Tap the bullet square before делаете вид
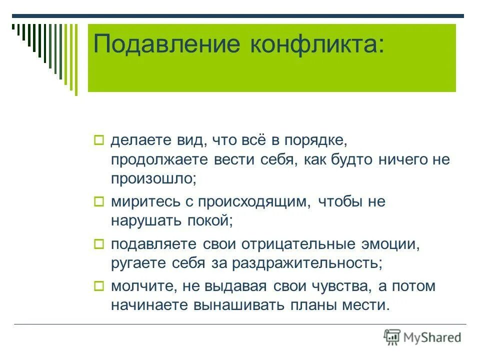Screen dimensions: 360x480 pos(98,139)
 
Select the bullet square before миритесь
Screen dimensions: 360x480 pos(98,202)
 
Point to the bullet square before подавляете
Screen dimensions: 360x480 pos(98,244)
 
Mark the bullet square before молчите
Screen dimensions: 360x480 pos(98,286)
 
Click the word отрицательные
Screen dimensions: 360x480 pos(299,244)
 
